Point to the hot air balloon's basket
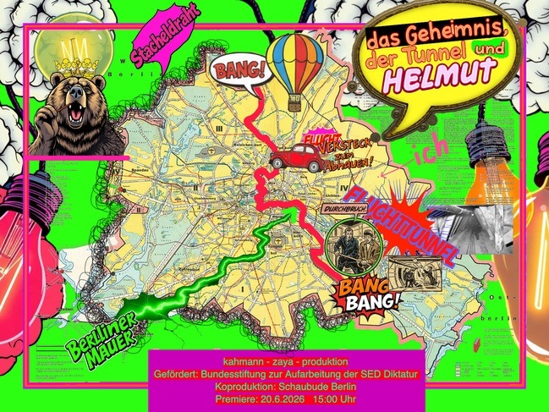(x=295, y=103)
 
